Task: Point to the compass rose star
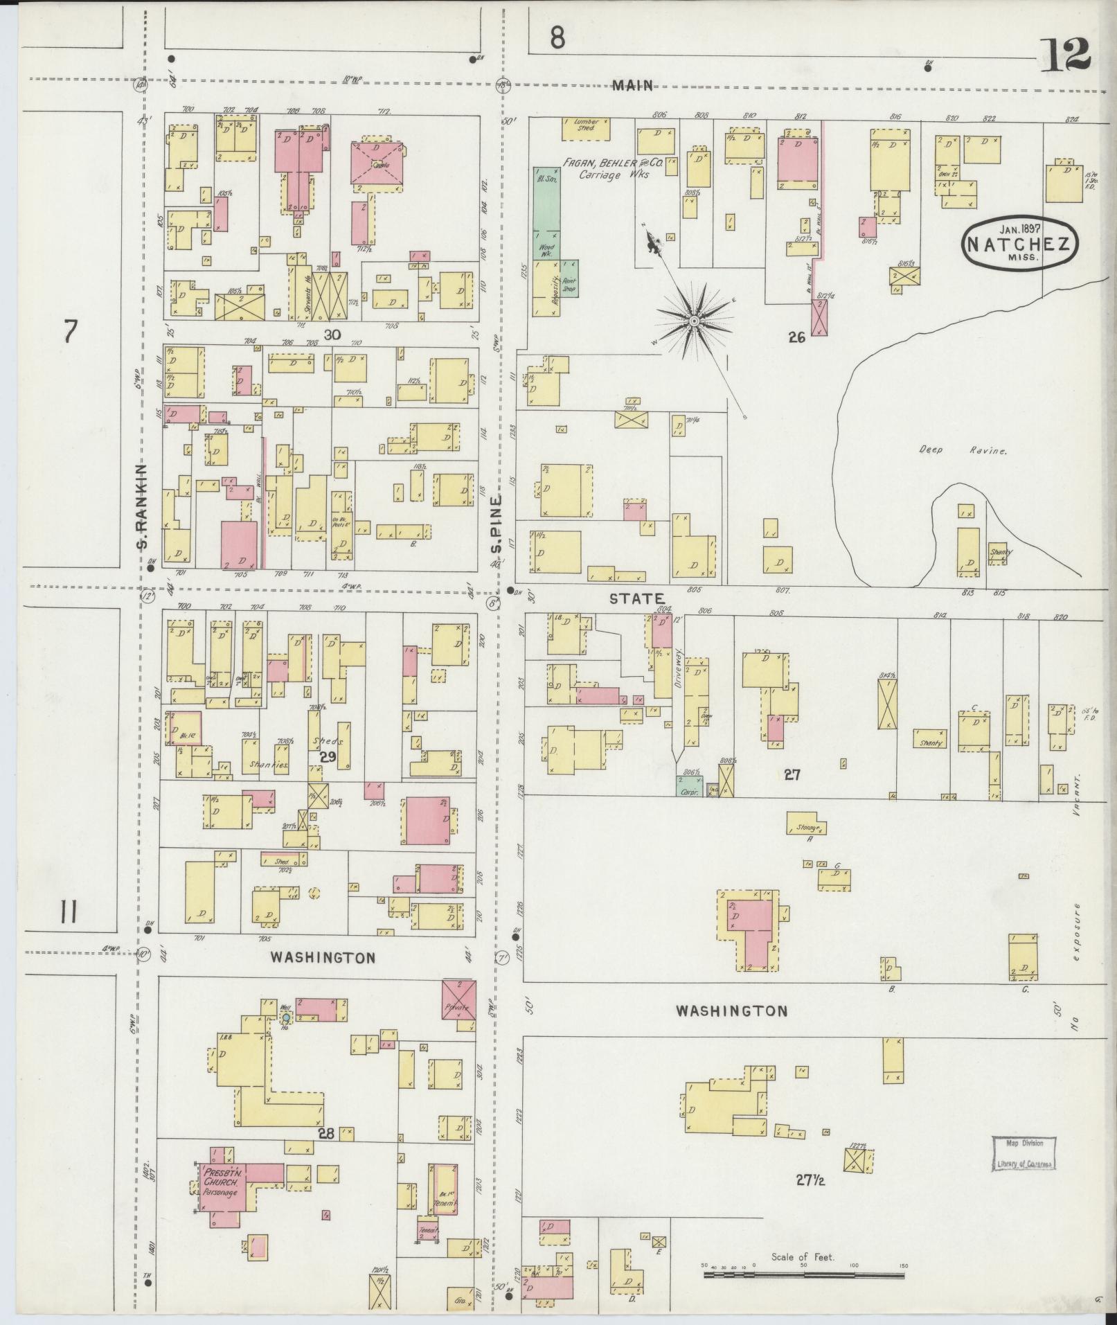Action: point(693,321)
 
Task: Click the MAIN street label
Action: point(632,85)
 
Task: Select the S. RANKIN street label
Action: point(143,505)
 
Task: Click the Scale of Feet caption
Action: point(803,1256)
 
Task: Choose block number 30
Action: point(332,335)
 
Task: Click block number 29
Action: point(328,757)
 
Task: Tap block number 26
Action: point(796,337)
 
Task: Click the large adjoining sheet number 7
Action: point(69,332)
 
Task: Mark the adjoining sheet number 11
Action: point(68,914)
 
